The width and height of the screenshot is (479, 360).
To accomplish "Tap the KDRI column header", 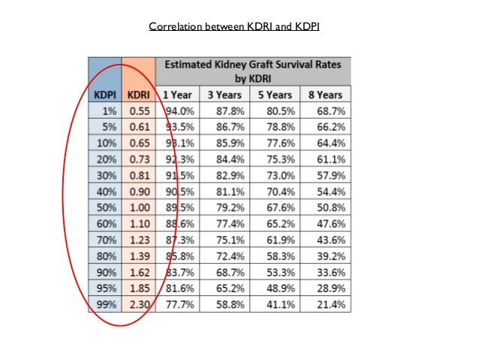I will (139, 95).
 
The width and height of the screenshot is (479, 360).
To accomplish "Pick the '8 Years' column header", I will (325, 95).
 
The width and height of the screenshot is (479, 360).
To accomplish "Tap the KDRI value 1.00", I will (139, 207).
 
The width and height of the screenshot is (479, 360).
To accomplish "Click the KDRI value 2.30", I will (139, 305).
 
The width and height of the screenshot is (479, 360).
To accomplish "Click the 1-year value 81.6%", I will (179, 289).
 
